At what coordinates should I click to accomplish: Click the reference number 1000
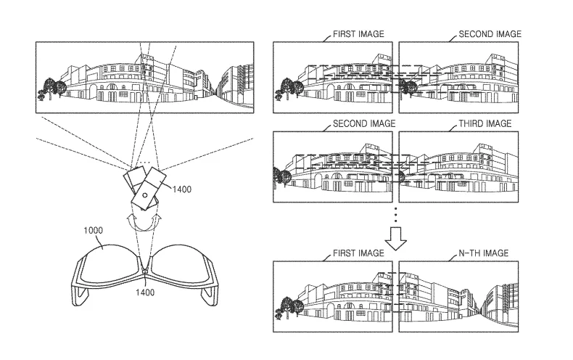93,230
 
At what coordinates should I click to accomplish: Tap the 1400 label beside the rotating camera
182,189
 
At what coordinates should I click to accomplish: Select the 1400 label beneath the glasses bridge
145,292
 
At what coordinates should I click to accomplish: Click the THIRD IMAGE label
485,123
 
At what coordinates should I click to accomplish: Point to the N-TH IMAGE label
484,253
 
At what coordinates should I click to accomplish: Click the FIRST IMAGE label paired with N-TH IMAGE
358,253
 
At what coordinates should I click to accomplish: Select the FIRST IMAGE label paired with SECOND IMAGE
358,34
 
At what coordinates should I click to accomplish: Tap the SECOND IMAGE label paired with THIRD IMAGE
364,123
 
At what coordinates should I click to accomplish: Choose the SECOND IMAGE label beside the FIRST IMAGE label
490,34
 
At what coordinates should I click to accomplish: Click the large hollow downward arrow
395,239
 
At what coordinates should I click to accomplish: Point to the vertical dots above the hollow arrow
395,215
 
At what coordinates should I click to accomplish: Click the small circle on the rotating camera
145,195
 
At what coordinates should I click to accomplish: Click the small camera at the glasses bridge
145,271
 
